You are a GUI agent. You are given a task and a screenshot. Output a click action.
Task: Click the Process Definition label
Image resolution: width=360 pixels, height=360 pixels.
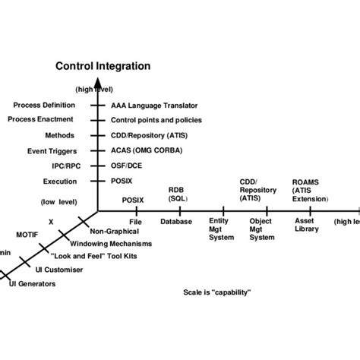pos(44,105)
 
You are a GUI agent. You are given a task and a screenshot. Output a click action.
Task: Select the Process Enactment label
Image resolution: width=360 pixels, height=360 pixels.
pos(41,119)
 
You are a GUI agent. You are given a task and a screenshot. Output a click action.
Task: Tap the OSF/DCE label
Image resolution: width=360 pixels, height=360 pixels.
pos(128,166)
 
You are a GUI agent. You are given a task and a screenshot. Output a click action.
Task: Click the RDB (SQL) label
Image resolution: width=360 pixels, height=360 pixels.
pos(177,193)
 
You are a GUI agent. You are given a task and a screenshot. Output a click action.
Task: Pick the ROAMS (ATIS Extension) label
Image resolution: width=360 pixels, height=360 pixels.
pos(310,190)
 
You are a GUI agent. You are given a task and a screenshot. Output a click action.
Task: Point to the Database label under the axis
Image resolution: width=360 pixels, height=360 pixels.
pos(175,222)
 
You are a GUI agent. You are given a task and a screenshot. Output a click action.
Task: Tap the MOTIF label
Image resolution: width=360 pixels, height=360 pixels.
pos(29,235)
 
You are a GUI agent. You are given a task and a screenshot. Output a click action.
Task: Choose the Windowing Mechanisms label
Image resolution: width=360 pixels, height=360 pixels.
pos(110,244)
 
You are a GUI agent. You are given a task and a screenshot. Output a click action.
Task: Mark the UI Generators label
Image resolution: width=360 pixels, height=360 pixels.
pos(32,283)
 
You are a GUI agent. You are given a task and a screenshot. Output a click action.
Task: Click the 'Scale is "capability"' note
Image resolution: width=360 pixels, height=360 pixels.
pos(217,292)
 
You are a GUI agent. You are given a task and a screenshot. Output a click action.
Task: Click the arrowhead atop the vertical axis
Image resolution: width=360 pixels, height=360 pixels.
pos(97,84)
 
